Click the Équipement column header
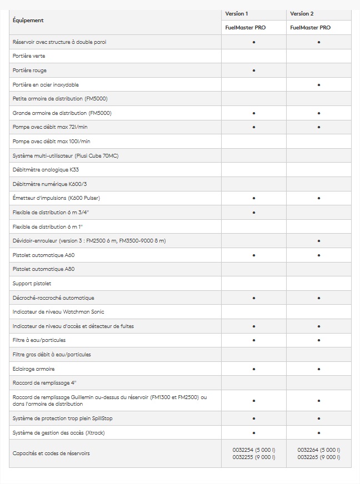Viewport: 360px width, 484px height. point(28,21)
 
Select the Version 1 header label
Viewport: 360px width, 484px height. point(237,13)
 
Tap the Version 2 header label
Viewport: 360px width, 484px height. point(302,13)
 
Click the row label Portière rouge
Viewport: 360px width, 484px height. point(29,70)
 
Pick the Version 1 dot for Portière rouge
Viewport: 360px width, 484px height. point(254,70)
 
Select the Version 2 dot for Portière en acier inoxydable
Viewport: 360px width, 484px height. point(319,85)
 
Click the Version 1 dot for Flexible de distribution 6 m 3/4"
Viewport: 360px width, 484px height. point(254,213)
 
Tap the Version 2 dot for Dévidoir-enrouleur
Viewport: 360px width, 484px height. point(319,241)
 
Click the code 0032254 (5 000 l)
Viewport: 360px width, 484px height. point(254,450)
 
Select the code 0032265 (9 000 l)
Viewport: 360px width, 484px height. point(319,457)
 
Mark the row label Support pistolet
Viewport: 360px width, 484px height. point(32,284)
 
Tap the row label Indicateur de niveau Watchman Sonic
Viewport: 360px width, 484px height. point(58,312)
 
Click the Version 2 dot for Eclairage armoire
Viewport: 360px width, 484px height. point(319,369)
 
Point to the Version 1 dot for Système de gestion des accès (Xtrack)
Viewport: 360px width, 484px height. point(254,432)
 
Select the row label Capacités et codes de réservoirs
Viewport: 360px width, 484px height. point(51,453)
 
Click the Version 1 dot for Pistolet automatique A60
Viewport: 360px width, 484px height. point(254,255)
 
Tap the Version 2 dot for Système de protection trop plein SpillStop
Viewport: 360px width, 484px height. point(319,419)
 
